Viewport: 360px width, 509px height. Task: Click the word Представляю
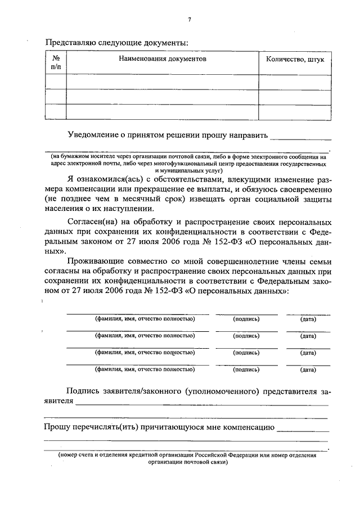70,42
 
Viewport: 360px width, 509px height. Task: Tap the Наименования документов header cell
162,58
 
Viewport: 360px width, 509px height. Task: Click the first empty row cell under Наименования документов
162,82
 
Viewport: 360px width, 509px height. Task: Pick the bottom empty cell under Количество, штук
294,112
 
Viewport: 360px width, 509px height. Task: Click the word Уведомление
92,135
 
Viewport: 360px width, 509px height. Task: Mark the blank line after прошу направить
300,137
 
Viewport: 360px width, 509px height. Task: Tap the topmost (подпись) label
246,319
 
